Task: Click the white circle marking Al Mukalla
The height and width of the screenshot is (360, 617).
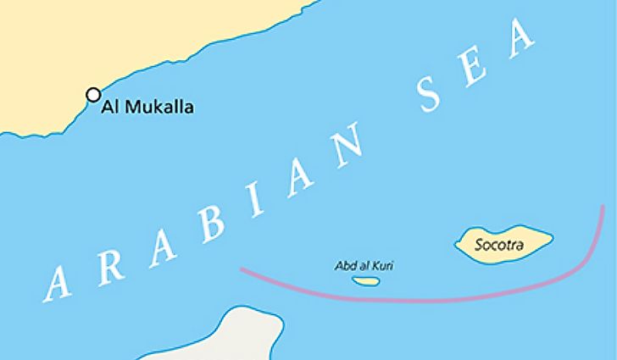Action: tap(93, 95)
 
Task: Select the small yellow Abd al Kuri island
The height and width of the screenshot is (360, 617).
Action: tap(364, 280)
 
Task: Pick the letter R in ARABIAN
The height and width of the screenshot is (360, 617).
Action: tap(114, 259)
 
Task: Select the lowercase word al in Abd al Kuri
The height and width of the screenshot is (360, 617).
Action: tap(365, 265)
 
